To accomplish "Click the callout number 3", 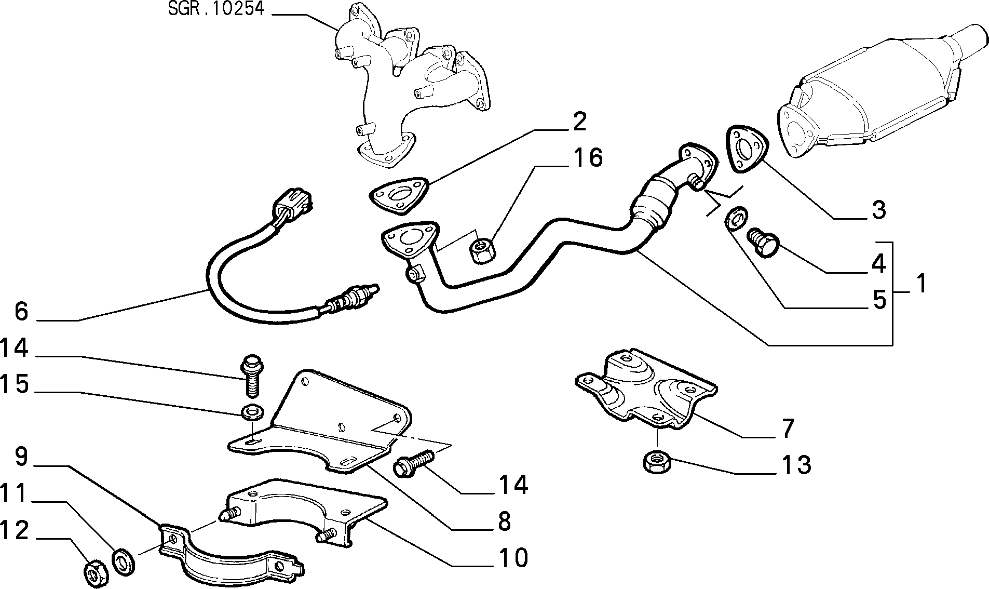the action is tap(878, 210).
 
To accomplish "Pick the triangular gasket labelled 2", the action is tap(399, 197).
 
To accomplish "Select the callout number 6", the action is tap(21, 311).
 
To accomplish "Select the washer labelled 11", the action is tap(124, 560).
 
